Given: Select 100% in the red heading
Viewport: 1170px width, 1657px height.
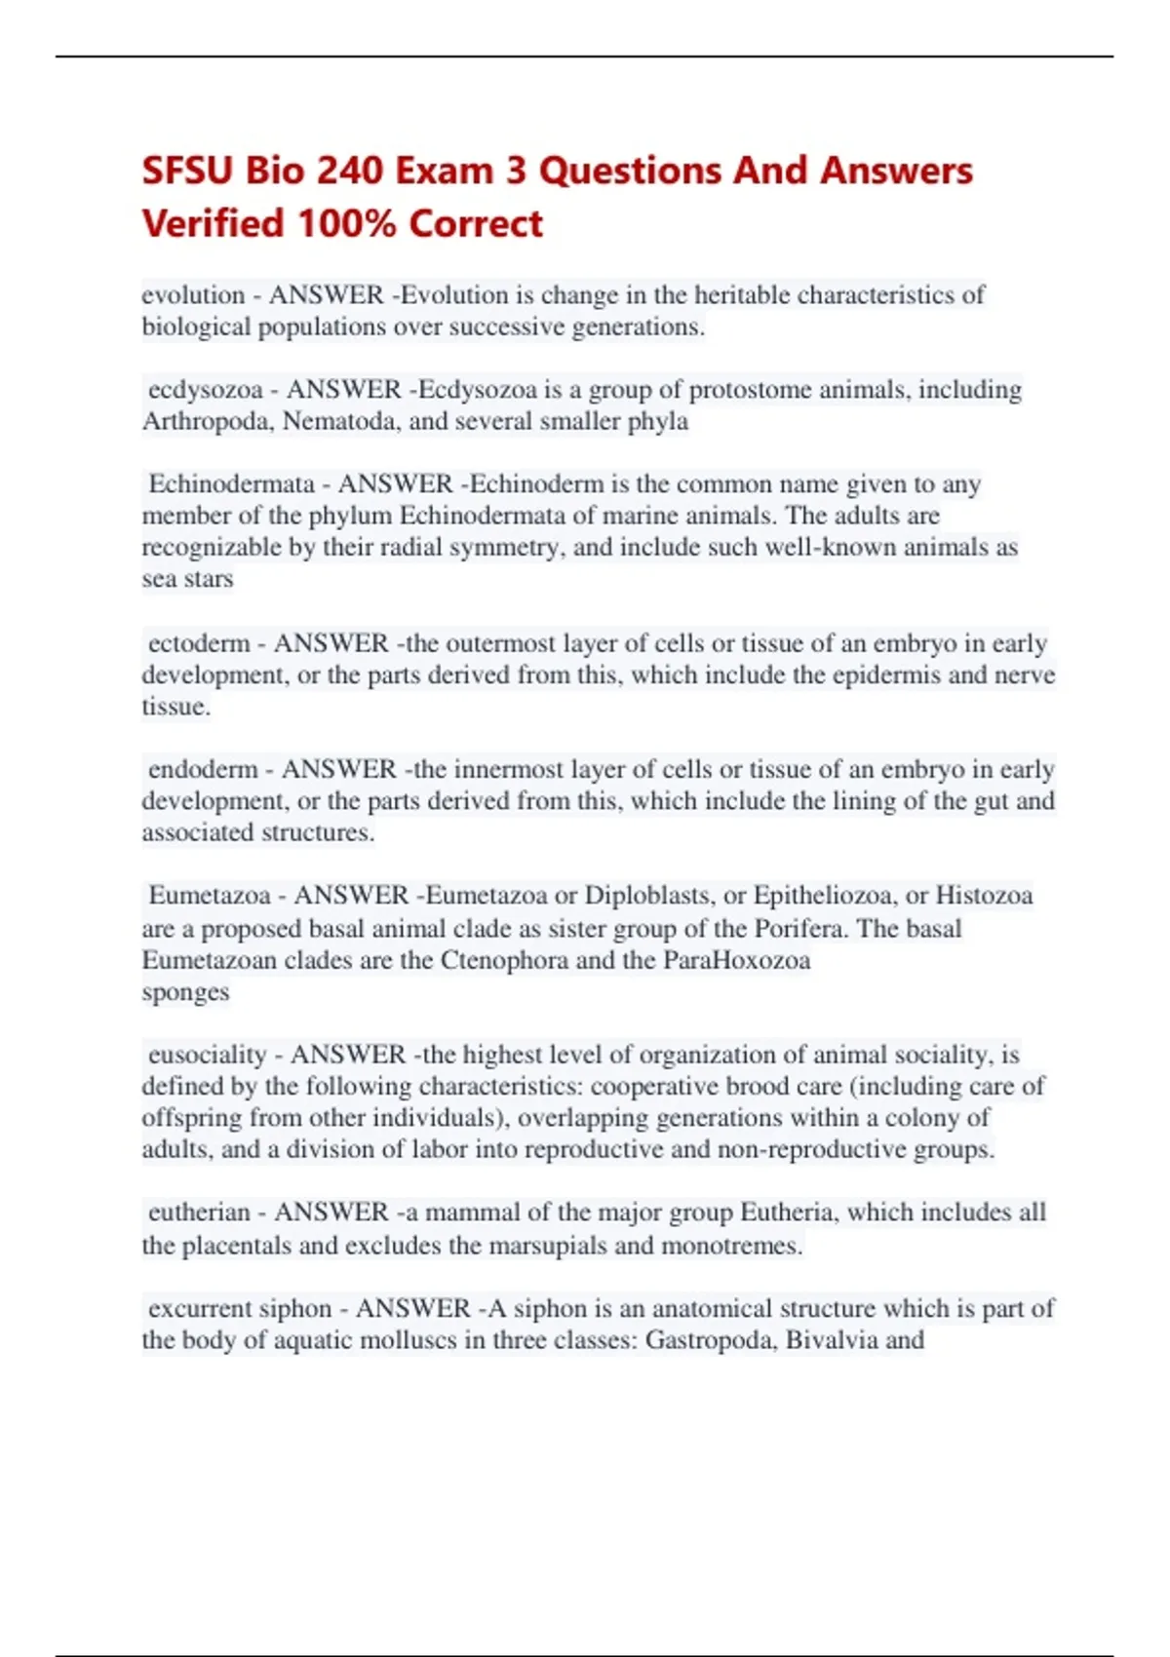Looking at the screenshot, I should tap(347, 223).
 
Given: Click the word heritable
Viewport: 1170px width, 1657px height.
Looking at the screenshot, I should tap(742, 294).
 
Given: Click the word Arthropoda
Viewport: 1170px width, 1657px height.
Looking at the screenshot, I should tap(209, 421).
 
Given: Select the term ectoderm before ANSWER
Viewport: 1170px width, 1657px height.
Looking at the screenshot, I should tap(199, 643).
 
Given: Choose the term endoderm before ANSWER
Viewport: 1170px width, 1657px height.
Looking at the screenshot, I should tap(203, 769).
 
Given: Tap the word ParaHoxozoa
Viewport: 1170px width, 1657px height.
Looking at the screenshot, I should tap(737, 960).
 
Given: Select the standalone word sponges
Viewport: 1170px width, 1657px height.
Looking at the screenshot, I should tap(185, 992).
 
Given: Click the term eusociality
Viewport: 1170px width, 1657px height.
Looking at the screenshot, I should tap(207, 1055).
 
